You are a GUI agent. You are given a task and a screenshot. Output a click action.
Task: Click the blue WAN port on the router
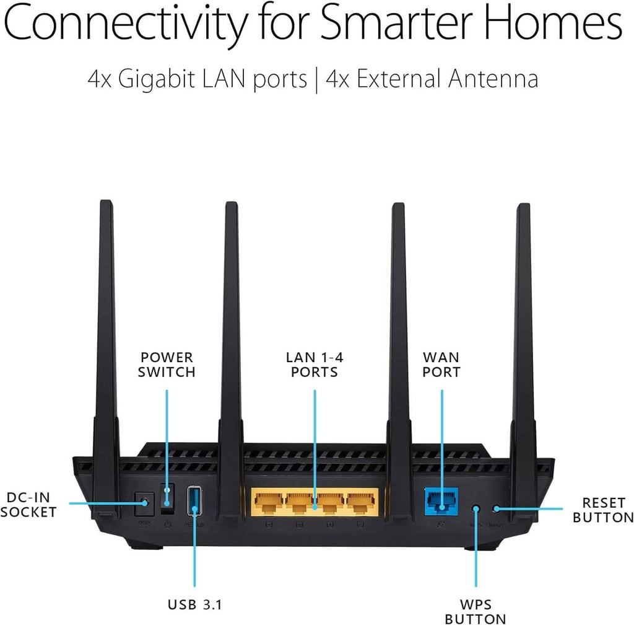click(441, 501)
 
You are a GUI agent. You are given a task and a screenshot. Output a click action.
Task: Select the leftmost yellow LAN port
click(267, 502)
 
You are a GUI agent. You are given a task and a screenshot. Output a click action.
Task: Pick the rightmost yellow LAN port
click(362, 502)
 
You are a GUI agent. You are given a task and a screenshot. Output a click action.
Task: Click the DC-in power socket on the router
click(144, 502)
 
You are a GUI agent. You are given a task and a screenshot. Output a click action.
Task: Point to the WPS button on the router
click(476, 508)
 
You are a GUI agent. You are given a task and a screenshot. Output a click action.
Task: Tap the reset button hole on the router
click(495, 508)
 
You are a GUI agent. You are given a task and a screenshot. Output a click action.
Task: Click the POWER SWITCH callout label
click(167, 365)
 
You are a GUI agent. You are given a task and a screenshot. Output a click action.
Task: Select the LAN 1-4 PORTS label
click(315, 365)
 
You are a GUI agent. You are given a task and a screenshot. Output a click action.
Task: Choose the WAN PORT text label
click(441, 365)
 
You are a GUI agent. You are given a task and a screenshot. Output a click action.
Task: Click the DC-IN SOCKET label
click(28, 505)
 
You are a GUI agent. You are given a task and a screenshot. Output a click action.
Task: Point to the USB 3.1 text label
click(194, 603)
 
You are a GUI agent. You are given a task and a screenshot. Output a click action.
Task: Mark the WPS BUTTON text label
click(476, 610)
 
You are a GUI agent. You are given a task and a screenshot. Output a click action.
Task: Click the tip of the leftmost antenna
click(105, 202)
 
